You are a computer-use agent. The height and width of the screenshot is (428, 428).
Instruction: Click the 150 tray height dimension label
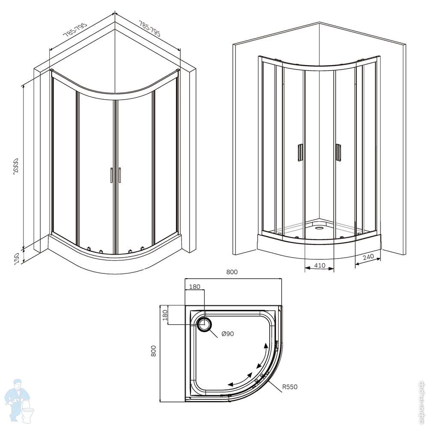tap(16, 258)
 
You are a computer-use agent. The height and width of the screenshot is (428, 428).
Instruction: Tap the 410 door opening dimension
tap(320, 265)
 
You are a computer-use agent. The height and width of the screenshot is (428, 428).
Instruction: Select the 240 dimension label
tap(369, 257)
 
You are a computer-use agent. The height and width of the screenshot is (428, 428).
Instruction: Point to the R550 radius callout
tap(290, 387)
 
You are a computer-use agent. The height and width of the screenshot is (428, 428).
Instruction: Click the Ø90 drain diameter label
tap(228, 334)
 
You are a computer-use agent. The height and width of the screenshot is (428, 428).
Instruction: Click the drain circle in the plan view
tap(204, 325)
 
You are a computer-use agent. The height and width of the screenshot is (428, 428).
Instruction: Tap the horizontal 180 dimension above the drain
tap(194, 287)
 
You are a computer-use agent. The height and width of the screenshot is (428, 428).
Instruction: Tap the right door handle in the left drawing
tap(120, 175)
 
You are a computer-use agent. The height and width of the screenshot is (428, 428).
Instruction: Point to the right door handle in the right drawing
tap(339, 152)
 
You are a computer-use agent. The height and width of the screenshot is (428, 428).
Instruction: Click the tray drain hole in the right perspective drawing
tap(319, 228)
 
